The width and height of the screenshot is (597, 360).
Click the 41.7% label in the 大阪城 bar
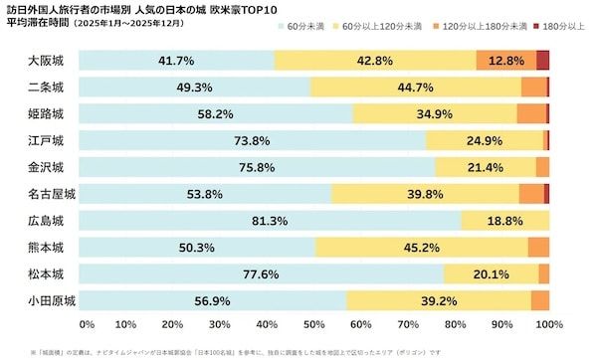pyautogui.click(x=175, y=61)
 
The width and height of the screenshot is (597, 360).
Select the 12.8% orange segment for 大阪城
pyautogui.click(x=506, y=61)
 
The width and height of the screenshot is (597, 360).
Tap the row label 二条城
pyautogui.click(x=46, y=88)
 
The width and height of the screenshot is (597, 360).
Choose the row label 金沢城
pyautogui.click(x=46, y=167)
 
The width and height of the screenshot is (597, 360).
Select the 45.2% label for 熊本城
pyautogui.click(x=422, y=247)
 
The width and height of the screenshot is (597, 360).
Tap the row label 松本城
pyautogui.click(x=46, y=273)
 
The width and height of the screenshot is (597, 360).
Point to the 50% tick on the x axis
pyautogui.click(x=316, y=324)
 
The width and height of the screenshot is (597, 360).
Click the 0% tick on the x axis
pyautogui.click(x=87, y=324)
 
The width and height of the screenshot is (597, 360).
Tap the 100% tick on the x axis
pyautogui.click(x=548, y=324)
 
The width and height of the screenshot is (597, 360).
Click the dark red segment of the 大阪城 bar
pyautogui.click(x=543, y=61)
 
